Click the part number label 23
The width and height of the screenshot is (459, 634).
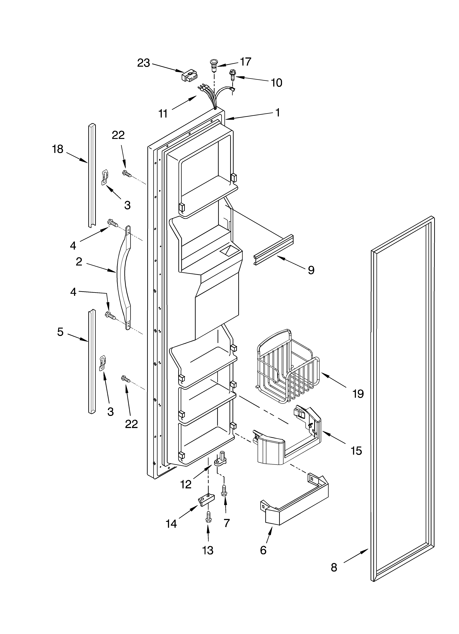click(143, 63)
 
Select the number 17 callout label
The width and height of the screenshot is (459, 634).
click(245, 62)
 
